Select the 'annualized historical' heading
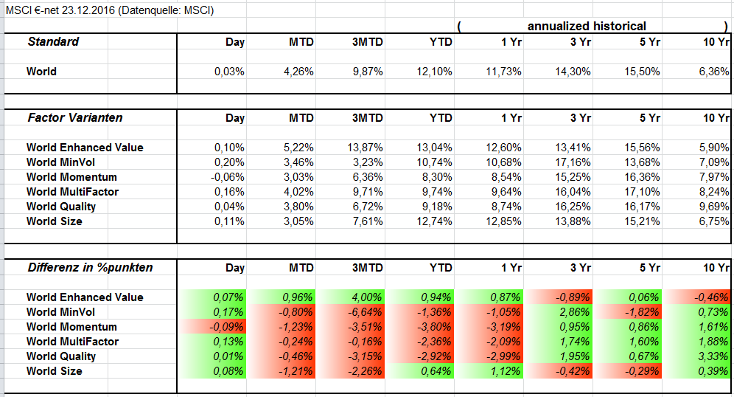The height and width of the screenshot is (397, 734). coord(587,26)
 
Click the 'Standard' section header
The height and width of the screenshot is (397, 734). coord(53,41)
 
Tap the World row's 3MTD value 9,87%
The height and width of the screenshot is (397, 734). coord(367,72)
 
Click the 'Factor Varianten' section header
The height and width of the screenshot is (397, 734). coord(75,117)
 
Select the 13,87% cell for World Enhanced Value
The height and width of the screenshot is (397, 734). coord(365,148)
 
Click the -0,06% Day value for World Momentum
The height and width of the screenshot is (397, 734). coord(227,177)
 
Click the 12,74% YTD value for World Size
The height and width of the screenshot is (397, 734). coord(435,221)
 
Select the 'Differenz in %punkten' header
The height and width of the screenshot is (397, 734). coord(90,267)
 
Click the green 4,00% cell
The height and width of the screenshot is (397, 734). coord(367,297)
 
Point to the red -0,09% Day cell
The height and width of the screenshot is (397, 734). coord(228,327)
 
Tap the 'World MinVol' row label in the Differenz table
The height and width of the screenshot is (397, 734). coord(61,312)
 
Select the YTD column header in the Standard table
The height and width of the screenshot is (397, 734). coord(441,42)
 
